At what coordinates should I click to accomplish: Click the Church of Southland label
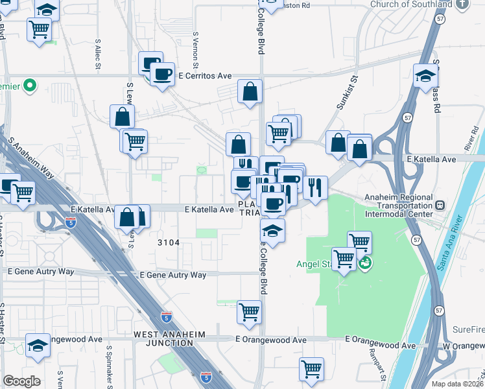(x=411, y=5)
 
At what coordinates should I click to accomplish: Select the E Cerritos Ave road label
(x=206, y=76)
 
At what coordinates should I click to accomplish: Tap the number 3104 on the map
(x=168, y=242)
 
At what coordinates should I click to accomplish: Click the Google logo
(x=21, y=381)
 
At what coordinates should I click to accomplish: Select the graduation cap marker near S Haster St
(x=38, y=345)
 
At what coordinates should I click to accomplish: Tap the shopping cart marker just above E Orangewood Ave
(x=249, y=312)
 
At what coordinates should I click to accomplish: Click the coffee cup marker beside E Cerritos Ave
(x=162, y=73)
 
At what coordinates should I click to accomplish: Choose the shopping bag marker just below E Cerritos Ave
(x=250, y=91)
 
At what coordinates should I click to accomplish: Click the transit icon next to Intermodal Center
(x=440, y=205)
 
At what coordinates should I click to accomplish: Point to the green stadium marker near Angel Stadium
(x=365, y=263)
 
